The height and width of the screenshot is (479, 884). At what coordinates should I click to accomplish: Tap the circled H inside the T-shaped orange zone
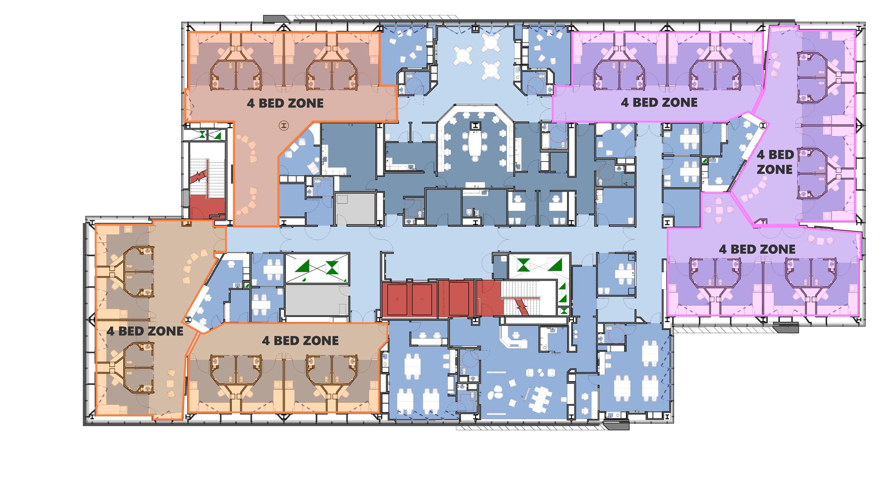(x=284, y=125)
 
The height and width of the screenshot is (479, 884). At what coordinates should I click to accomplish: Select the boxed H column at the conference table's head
(x=475, y=125)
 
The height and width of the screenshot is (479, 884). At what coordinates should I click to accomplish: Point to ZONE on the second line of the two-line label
(x=774, y=169)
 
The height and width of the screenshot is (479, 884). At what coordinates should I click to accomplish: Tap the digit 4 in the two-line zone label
(x=761, y=155)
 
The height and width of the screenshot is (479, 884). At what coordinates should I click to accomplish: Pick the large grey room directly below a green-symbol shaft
(x=316, y=300)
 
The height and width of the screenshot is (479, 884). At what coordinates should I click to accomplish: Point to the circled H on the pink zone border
(x=763, y=125)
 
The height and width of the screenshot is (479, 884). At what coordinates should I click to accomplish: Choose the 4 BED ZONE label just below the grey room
(x=300, y=340)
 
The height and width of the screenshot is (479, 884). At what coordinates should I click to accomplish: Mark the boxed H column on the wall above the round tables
(x=475, y=29)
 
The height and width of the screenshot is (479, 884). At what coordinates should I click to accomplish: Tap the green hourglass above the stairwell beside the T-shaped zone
(x=203, y=134)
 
